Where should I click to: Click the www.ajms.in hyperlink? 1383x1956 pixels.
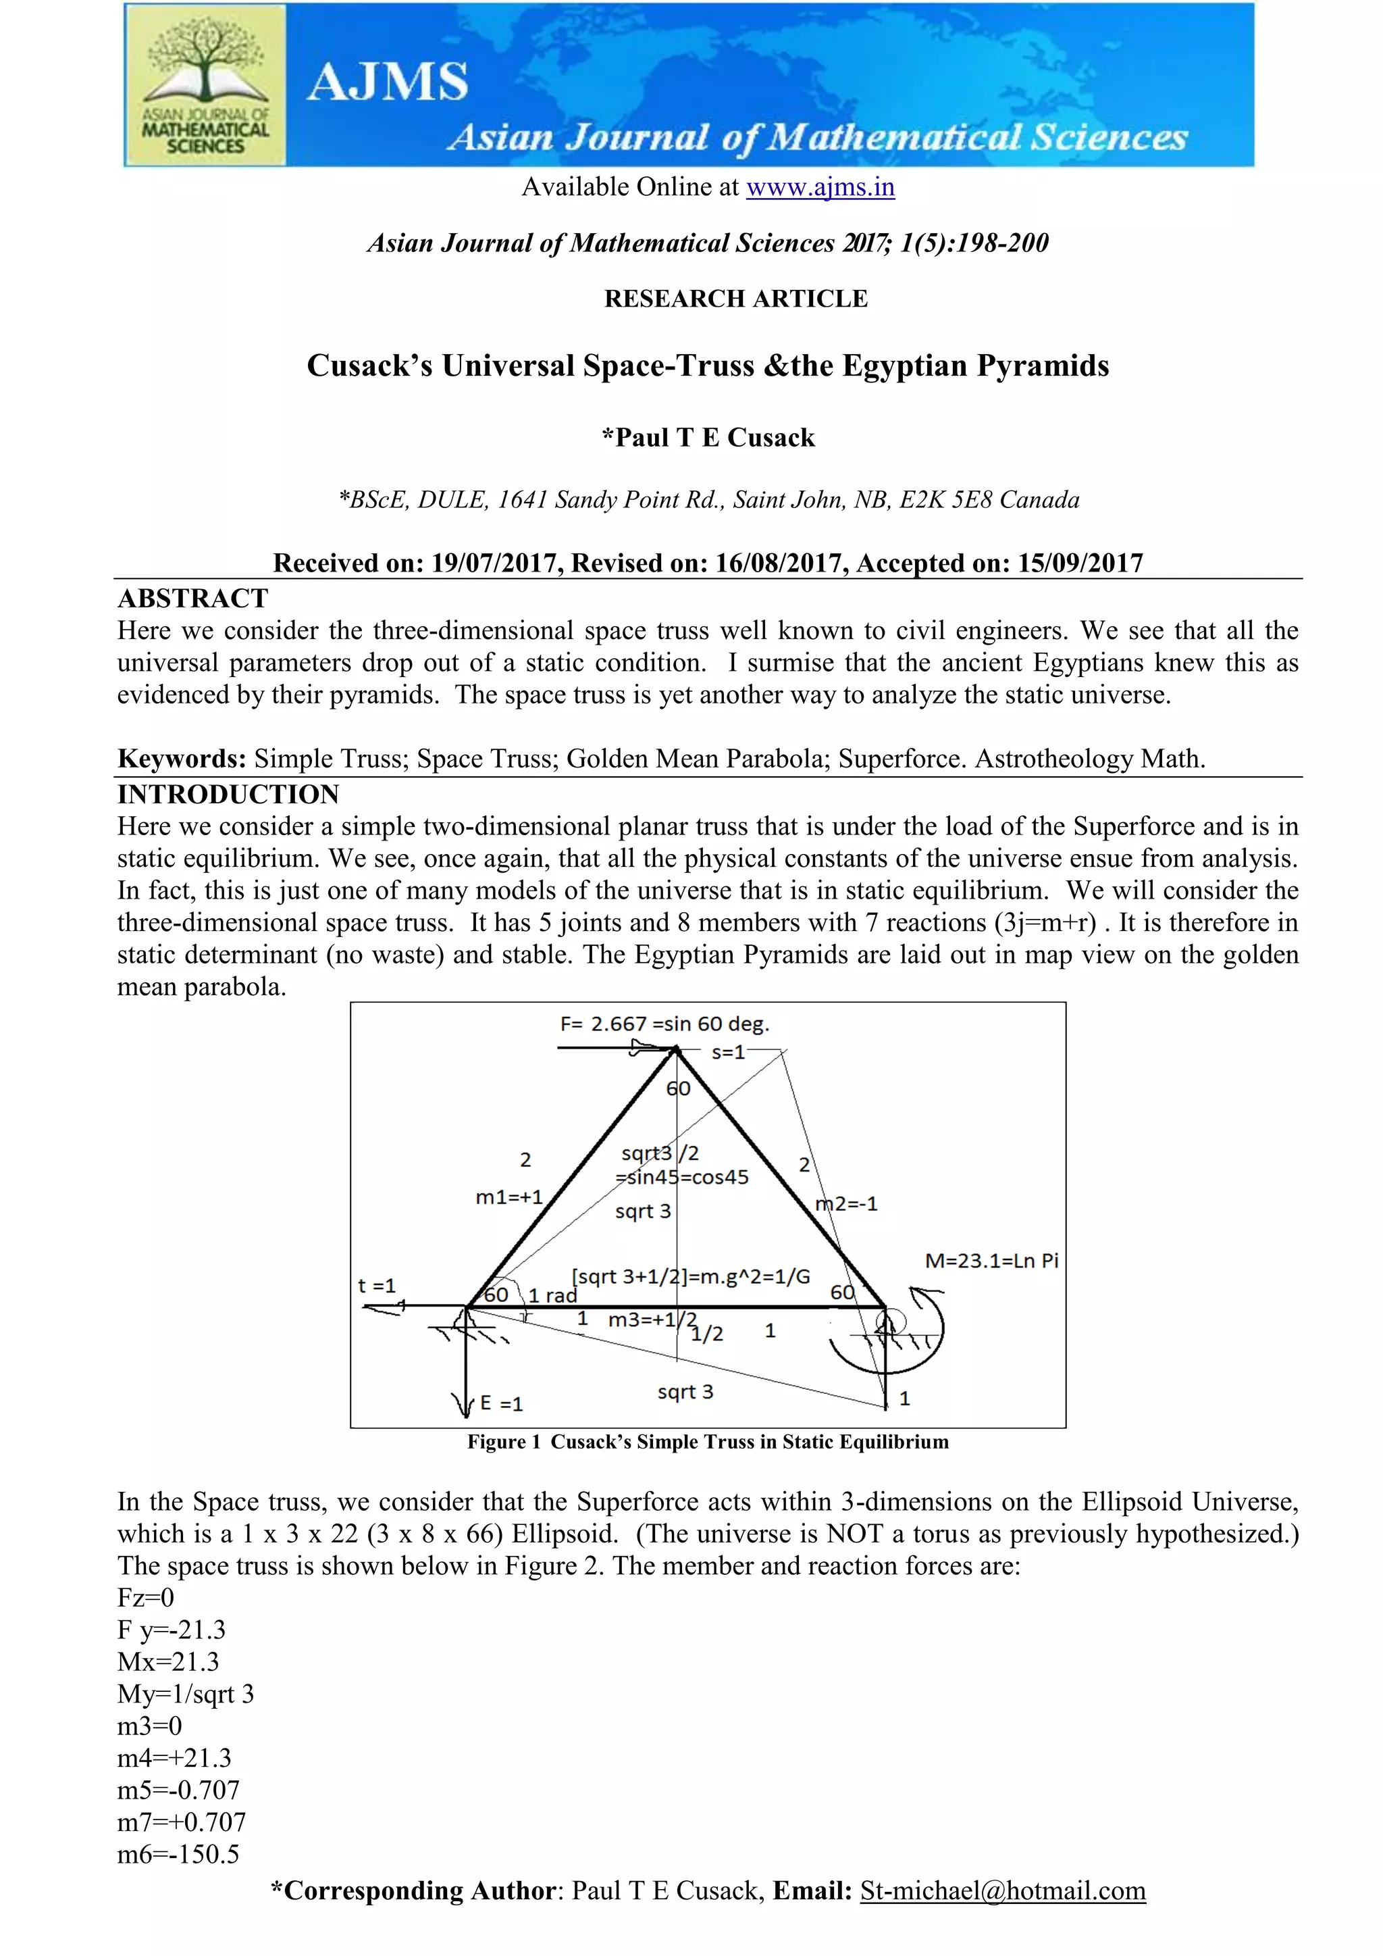[819, 186]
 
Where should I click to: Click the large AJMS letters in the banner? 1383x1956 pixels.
[388, 82]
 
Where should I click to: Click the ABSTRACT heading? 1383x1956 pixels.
[192, 598]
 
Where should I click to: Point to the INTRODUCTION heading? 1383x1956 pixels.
[228, 794]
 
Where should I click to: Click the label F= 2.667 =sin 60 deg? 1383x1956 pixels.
[664, 1024]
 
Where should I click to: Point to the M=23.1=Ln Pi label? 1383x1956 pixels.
[991, 1260]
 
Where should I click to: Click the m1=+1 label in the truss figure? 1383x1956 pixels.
[508, 1197]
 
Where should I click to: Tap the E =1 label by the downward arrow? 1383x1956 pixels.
[501, 1403]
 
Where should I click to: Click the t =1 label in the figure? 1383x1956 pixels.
[376, 1286]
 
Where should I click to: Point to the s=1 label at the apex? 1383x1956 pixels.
[728, 1052]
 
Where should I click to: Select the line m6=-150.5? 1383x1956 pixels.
[178, 1854]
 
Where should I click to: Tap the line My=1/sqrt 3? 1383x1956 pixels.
[186, 1694]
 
